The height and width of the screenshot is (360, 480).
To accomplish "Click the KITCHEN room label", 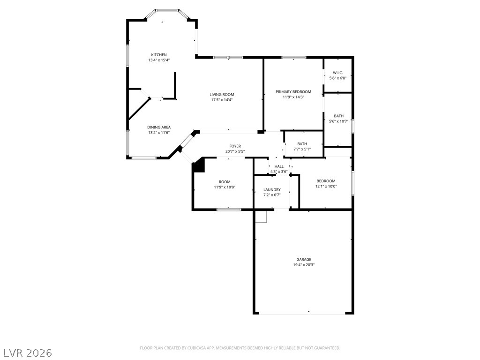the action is click(159, 55).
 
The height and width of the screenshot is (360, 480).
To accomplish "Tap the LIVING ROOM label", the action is click(222, 95).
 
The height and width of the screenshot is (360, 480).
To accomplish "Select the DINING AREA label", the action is click(159, 127).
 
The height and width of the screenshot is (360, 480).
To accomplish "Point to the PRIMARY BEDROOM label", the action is click(293, 92).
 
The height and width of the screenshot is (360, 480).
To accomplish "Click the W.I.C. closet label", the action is click(338, 73).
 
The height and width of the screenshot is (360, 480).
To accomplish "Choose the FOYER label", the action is click(235, 146).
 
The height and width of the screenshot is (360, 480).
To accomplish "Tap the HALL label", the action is click(279, 166).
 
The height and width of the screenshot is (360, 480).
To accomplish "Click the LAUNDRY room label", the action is click(272, 190).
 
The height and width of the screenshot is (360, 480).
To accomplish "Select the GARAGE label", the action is click(304, 260).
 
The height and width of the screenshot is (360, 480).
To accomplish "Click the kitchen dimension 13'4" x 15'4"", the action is click(159, 60).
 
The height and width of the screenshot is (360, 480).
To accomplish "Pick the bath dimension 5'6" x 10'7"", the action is click(338, 121).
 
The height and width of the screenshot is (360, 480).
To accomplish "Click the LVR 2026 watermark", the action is click(27, 353).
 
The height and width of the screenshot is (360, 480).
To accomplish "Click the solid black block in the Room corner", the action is click(199, 165).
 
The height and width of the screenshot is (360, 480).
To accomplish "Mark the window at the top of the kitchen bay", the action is click(167, 11).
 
